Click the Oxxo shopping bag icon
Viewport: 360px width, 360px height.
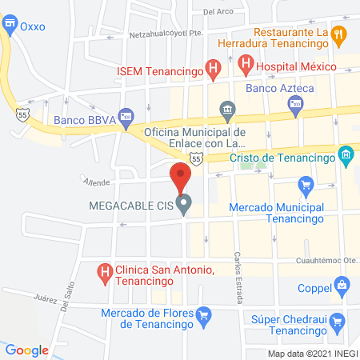click(x=10, y=26)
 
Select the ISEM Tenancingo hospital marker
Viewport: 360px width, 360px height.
click(x=212, y=70)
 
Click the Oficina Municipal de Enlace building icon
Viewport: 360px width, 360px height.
click(x=226, y=109)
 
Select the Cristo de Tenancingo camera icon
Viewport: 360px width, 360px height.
click(x=346, y=154)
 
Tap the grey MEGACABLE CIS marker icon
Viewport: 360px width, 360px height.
click(x=184, y=206)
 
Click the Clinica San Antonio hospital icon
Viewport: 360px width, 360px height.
click(x=103, y=273)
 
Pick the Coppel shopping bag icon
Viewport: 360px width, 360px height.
click(x=342, y=284)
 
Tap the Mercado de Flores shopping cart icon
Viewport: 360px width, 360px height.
click(x=204, y=314)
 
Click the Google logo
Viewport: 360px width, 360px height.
click(x=27, y=350)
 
